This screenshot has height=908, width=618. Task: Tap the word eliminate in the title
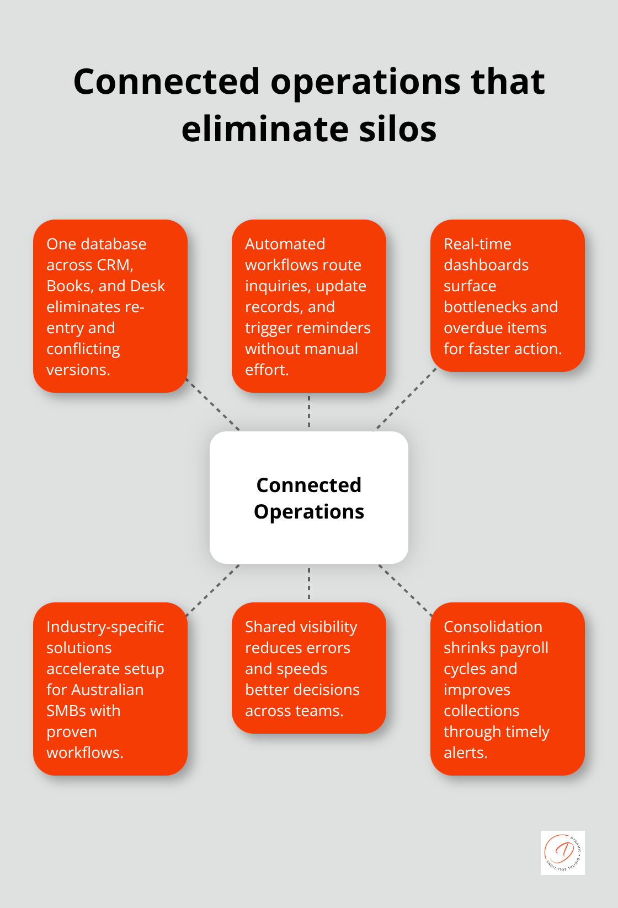tap(264, 129)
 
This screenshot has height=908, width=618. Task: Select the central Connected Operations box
tap(309, 498)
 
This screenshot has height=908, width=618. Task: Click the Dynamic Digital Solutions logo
tap(562, 852)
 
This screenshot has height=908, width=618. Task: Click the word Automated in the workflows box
tap(285, 244)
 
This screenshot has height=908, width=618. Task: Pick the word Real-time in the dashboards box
tap(477, 244)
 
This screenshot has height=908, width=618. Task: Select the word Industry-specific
tap(105, 627)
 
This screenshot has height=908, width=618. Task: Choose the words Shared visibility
tap(301, 627)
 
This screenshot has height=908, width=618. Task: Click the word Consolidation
tap(493, 627)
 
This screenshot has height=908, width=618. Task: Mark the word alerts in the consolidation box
tap(465, 753)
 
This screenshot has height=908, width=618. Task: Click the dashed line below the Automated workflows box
tap(309, 412)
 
